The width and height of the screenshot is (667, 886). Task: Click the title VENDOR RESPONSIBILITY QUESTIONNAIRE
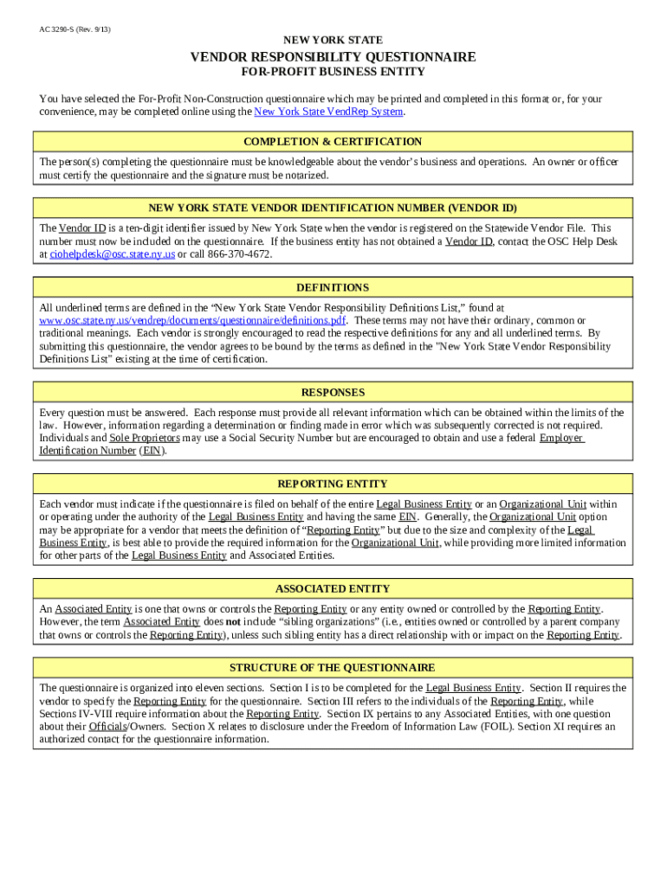click(333, 57)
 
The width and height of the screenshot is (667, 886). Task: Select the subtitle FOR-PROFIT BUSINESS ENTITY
click(333, 72)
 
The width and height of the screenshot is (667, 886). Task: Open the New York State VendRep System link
click(328, 112)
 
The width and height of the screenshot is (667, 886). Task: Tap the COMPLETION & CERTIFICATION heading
click(333, 142)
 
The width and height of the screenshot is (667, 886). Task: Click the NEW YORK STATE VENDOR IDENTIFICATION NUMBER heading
click(333, 209)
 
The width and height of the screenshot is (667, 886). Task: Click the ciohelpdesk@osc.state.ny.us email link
click(113, 255)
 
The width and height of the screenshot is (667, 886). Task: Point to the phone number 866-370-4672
click(239, 255)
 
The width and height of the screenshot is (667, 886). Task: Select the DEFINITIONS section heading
click(333, 288)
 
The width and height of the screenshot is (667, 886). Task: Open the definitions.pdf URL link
click(192, 320)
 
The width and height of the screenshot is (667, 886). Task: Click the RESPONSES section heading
click(333, 393)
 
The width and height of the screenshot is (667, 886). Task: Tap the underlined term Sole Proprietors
click(145, 439)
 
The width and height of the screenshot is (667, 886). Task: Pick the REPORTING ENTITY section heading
click(333, 485)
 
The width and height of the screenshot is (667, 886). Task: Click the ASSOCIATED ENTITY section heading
click(333, 589)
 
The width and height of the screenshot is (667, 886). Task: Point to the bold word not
click(233, 622)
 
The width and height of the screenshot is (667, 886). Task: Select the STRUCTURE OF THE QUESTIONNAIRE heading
click(333, 668)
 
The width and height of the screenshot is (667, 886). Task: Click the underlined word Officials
click(107, 727)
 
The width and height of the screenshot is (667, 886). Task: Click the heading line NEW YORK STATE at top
click(333, 41)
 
